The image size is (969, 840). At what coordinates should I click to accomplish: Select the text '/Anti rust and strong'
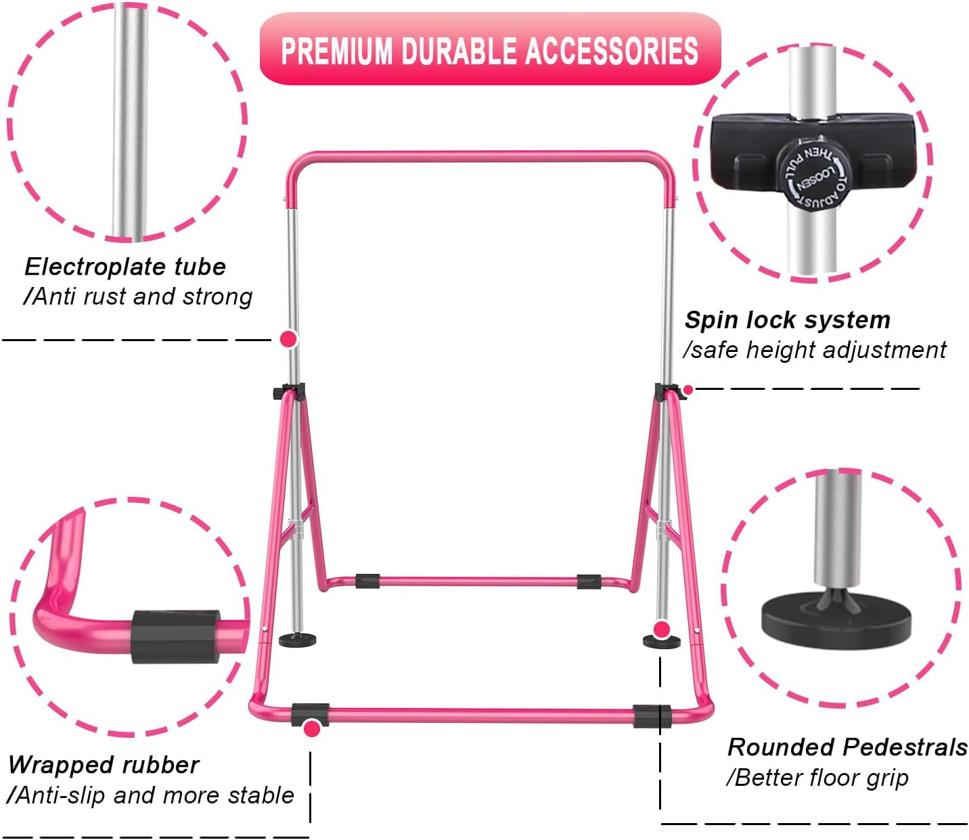(x=138, y=296)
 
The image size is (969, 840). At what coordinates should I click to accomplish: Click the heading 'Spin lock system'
(x=787, y=319)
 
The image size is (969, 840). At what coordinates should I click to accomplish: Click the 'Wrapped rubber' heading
(x=104, y=765)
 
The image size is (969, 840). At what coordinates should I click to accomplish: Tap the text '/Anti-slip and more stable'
(x=150, y=795)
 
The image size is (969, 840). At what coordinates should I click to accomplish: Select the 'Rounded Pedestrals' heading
(x=847, y=747)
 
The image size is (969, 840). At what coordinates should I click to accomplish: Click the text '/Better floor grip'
(x=817, y=778)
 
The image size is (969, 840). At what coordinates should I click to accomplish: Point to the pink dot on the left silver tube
(x=289, y=338)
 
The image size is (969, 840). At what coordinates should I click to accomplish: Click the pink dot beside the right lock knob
(x=688, y=390)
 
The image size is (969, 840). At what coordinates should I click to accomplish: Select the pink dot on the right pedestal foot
(x=662, y=630)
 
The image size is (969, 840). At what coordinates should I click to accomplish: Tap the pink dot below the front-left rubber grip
(x=312, y=728)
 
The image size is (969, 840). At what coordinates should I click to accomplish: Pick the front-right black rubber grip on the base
(x=652, y=716)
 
